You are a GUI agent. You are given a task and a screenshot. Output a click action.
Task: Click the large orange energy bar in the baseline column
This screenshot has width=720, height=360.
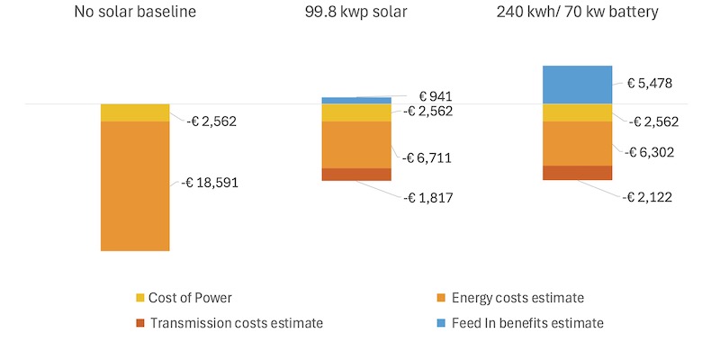(x=135, y=185)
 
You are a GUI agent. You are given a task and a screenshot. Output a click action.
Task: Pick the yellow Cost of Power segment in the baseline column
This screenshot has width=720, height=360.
(x=135, y=112)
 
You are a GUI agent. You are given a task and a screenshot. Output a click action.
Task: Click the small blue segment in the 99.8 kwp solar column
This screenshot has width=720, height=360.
(x=356, y=100)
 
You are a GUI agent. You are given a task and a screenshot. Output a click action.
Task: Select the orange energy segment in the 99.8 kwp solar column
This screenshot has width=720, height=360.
(x=356, y=144)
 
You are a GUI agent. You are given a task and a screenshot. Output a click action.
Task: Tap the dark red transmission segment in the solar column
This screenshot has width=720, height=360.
(x=356, y=174)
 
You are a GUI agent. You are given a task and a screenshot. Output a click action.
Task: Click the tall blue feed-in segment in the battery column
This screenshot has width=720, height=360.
(x=578, y=84)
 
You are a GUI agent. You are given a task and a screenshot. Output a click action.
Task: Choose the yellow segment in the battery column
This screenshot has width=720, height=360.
(x=578, y=112)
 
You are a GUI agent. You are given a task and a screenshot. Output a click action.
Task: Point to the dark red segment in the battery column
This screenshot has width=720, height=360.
(x=578, y=172)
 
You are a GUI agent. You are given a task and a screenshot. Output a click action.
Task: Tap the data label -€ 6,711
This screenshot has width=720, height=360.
(x=427, y=158)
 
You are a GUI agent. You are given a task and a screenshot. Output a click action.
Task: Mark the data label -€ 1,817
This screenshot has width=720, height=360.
(x=427, y=197)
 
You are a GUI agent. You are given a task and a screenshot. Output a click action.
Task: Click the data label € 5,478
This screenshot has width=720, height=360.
(x=652, y=83)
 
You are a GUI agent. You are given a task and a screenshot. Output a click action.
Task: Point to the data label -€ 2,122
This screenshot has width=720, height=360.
(x=647, y=195)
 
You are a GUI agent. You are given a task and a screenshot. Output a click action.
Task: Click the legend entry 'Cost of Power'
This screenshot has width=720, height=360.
(x=192, y=298)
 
